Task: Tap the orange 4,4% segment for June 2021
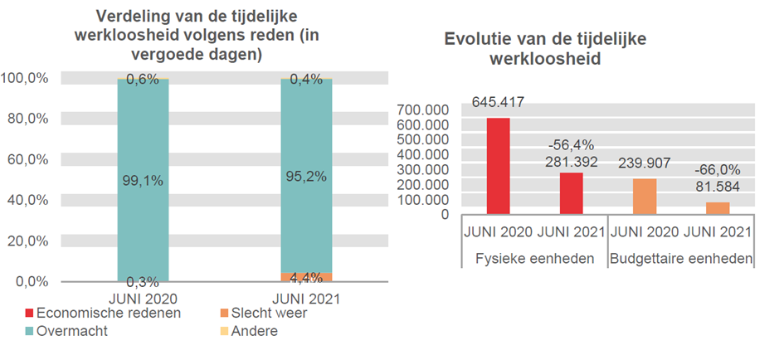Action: [306, 277]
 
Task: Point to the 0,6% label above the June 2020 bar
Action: [144, 80]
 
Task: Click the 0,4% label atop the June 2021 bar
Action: [306, 80]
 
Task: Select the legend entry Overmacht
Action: [74, 331]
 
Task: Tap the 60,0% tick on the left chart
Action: [27, 159]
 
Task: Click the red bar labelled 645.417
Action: [498, 166]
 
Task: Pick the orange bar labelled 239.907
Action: [645, 197]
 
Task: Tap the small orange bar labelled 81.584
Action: [718, 208]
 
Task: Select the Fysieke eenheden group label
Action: [535, 258]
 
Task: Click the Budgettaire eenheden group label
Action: [681, 258]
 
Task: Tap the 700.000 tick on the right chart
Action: [446, 109]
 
